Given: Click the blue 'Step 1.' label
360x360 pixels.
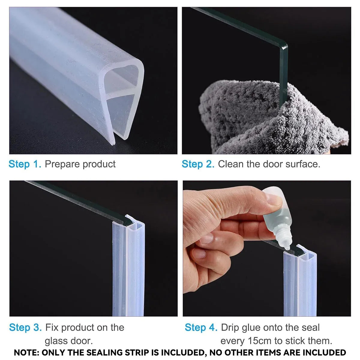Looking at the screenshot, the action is coord(25,164).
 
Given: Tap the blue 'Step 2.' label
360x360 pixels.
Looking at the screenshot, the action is coord(198,164).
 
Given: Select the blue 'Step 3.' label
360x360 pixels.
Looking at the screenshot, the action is coord(25,328).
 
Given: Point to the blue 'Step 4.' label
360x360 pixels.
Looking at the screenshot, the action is coord(201,328).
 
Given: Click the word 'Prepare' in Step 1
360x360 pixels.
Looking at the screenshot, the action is coord(62,164).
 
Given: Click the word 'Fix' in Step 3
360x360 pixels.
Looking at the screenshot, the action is coord(52,328).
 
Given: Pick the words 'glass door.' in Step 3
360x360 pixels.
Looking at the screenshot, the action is coord(69,341).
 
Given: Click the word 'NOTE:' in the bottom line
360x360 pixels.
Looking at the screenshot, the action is coord(26,353).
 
